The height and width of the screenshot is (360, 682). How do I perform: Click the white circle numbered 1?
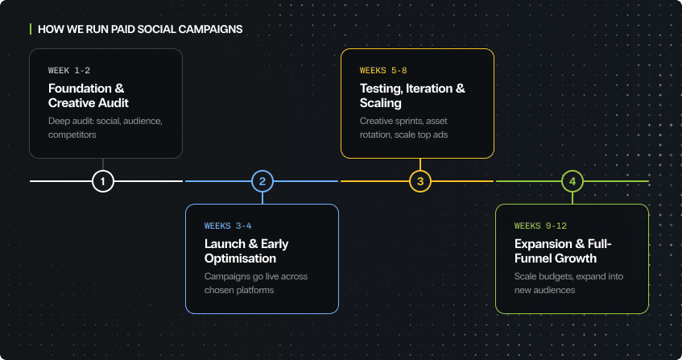click(x=103, y=181)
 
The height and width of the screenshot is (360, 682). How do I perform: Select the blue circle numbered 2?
click(x=262, y=181)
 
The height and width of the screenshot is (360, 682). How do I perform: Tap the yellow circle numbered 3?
click(x=420, y=181)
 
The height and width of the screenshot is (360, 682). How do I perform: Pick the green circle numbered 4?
click(x=572, y=181)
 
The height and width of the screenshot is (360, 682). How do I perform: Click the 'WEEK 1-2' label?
click(x=69, y=71)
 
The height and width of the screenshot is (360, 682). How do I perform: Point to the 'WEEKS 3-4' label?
click(x=229, y=226)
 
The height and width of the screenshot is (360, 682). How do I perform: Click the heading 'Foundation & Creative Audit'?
click(x=89, y=96)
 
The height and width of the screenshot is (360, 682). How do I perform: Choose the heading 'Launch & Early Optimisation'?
click(x=246, y=250)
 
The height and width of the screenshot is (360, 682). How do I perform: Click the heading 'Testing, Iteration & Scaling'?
click(x=412, y=96)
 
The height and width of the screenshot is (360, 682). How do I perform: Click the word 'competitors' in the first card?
click(x=72, y=134)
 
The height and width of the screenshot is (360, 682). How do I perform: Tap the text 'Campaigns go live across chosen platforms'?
click(x=256, y=283)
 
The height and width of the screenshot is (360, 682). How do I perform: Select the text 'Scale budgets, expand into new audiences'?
click(x=568, y=283)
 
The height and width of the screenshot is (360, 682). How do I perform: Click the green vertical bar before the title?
click(x=31, y=29)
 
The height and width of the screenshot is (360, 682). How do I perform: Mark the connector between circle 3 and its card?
click(x=420, y=164)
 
